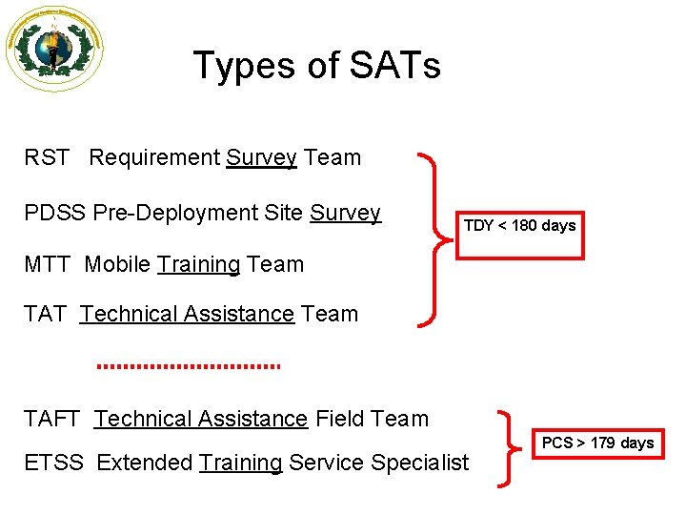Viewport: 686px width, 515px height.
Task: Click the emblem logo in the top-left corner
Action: (53, 48)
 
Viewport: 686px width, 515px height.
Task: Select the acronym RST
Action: (47, 157)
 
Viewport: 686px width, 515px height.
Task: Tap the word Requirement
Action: (154, 157)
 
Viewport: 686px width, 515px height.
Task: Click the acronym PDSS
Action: (54, 213)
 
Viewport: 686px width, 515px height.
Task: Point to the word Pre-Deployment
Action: (177, 214)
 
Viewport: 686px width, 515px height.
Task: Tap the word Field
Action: (340, 418)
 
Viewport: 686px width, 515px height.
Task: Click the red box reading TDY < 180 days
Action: (519, 226)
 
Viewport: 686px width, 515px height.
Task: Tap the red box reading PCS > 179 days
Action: (597, 443)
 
